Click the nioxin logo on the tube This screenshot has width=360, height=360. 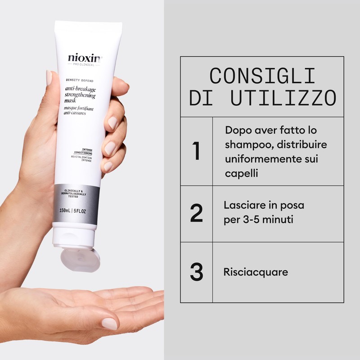click(x=85, y=58)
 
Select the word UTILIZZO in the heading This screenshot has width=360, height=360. click(x=283, y=98)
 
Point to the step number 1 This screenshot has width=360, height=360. click(x=196, y=151)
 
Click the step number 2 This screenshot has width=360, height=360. click(x=196, y=214)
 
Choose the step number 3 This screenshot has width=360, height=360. click(x=196, y=272)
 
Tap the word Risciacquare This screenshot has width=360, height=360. click(x=256, y=272)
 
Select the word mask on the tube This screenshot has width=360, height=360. click(x=72, y=102)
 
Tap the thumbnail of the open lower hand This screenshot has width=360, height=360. click(x=109, y=323)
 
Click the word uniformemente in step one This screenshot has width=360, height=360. click(x=264, y=159)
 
